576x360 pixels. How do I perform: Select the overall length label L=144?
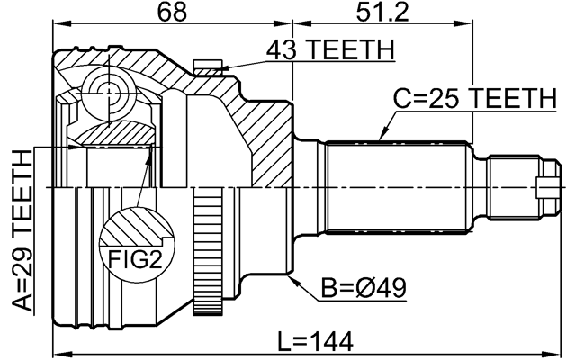315,340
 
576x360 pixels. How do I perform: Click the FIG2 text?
136,260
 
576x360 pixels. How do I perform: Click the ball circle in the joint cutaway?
107,93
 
